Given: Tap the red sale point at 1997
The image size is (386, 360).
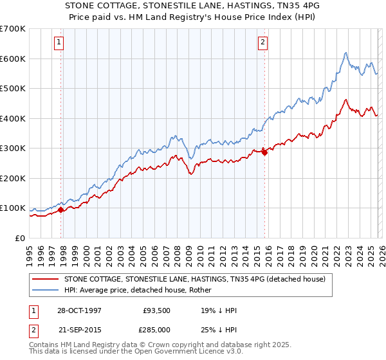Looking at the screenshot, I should point(61,210).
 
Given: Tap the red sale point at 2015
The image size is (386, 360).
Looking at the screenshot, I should point(264,152).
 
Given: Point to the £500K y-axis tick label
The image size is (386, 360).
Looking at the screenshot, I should point(13,88).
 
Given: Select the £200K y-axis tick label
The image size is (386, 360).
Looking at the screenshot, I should point(13,178).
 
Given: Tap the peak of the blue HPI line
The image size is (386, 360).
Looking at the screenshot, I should point(345,53).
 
